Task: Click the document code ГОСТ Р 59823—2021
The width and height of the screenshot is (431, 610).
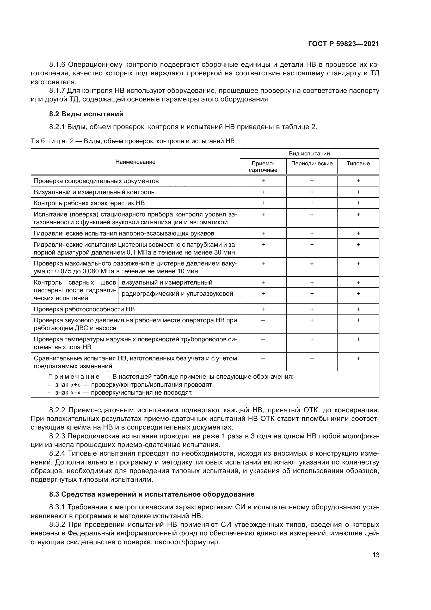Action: pyautogui.click(x=343, y=44)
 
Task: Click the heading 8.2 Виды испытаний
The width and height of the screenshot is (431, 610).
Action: pyautogui.click(x=86, y=114)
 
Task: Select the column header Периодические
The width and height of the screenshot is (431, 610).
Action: pyautogui.click(x=312, y=164)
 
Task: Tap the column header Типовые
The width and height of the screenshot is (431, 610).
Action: pyautogui.click(x=358, y=164)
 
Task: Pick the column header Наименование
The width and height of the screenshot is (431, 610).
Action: pyautogui.click(x=135, y=162)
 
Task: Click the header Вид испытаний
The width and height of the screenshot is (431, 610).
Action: pyautogui.click(x=309, y=153)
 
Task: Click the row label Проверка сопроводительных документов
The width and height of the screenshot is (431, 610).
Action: pyautogui.click(x=96, y=181)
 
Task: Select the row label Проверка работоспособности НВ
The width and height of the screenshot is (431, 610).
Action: pyautogui.click(x=84, y=309)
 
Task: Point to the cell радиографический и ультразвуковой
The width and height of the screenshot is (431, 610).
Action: pyautogui.click(x=177, y=294)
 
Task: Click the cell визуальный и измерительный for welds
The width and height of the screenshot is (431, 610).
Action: pyautogui.click(x=167, y=282)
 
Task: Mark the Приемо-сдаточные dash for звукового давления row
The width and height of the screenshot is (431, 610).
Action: pyautogui.click(x=263, y=321)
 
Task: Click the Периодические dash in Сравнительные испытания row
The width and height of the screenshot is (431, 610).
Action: pyautogui.click(x=312, y=358)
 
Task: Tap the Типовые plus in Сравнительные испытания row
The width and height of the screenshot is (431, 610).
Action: pyautogui.click(x=358, y=358)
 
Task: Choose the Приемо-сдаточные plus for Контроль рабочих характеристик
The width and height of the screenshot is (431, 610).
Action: pyautogui.click(x=263, y=203)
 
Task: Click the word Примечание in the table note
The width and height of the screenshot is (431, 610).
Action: pyautogui.click(x=74, y=377)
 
